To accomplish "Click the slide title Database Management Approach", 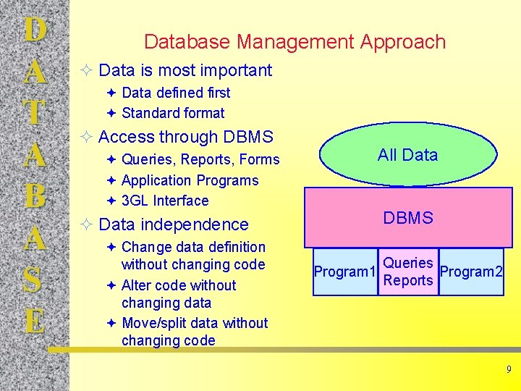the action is [x=295, y=42].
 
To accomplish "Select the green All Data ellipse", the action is [x=407, y=154].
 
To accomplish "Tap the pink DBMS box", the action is [x=408, y=218].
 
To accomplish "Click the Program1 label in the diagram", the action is [x=344, y=272].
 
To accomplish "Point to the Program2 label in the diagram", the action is [x=471, y=272].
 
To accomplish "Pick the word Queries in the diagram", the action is [x=408, y=263].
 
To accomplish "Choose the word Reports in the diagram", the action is [x=408, y=281].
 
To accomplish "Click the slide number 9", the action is [x=509, y=370].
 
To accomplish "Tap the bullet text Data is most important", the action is [x=185, y=70].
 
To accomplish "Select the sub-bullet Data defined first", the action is [x=176, y=93].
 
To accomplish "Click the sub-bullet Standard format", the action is [x=173, y=113].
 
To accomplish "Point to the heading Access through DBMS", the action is [x=185, y=137].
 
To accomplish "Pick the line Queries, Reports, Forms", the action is [x=200, y=159].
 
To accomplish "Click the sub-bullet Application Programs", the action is [x=190, y=180].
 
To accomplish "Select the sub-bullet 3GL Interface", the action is [x=165, y=201].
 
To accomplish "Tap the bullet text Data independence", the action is [x=173, y=224].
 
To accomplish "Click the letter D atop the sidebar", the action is [x=34, y=31].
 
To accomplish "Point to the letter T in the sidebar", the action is [x=34, y=113].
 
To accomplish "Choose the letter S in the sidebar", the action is [x=34, y=279].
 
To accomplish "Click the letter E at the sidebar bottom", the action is [x=34, y=319].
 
